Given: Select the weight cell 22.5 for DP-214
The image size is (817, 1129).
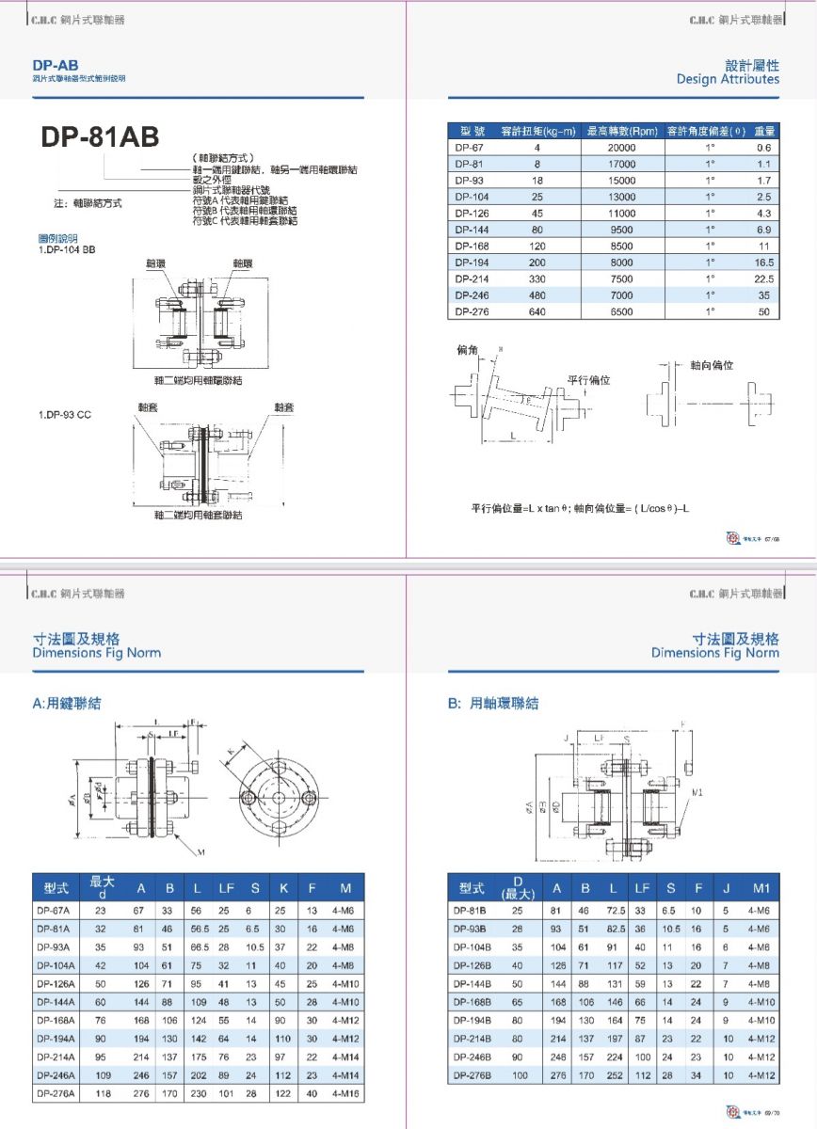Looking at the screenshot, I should click(762, 278).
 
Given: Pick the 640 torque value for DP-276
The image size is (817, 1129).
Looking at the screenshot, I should click(537, 311).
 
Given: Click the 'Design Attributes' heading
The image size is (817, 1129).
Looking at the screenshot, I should click(728, 79).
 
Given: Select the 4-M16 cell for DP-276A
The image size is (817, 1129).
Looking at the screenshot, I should click(345, 1093).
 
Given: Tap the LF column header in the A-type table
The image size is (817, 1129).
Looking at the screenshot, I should click(227, 887).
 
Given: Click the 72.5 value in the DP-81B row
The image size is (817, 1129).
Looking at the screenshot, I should click(617, 911).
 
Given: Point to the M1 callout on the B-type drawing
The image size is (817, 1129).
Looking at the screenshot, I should click(697, 793).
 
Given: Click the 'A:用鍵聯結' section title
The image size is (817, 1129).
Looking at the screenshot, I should click(67, 703).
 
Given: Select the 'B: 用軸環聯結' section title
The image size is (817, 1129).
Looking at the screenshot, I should click(492, 703).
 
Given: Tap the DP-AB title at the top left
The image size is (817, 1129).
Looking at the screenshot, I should click(55, 65).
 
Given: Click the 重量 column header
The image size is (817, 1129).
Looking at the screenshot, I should click(764, 131).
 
